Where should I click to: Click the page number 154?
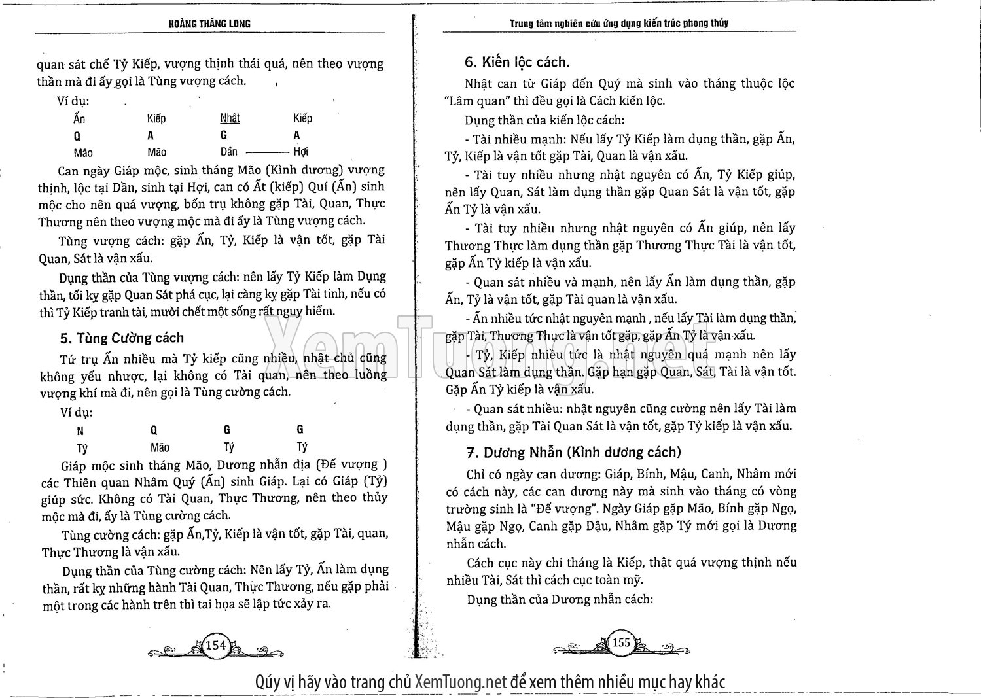216,645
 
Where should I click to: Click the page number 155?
620,642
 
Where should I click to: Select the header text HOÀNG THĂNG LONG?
209,24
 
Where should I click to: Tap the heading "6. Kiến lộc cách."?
517,62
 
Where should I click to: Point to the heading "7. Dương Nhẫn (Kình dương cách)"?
573,452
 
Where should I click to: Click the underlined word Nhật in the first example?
230,118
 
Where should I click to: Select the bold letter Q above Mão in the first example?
77,136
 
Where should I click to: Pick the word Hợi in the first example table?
301,152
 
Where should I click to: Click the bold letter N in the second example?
80,430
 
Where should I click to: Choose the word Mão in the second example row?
160,448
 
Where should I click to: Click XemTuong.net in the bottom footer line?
461,682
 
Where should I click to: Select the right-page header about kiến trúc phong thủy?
619,24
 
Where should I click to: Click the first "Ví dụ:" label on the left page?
74,101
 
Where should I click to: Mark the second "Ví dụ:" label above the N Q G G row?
76,413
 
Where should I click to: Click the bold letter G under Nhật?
224,136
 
